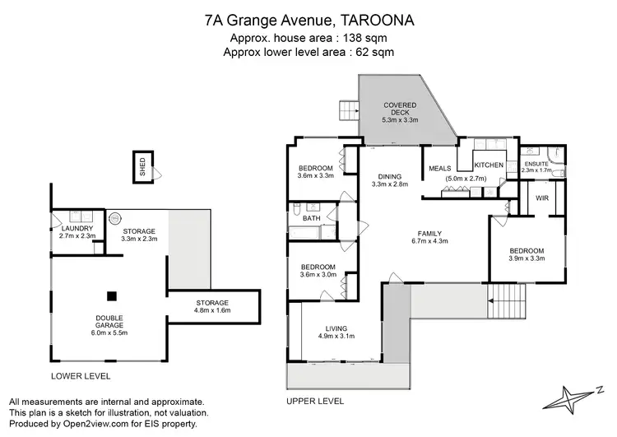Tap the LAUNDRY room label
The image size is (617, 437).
(77, 228)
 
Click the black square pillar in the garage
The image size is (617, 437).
(113, 296)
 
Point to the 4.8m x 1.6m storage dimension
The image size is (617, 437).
(212, 312)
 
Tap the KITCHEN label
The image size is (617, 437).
(489, 165)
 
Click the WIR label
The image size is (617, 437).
(542, 198)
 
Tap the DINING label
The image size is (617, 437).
(390, 176)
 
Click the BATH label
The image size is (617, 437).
(311, 218)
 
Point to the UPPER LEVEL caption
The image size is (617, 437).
(315, 401)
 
